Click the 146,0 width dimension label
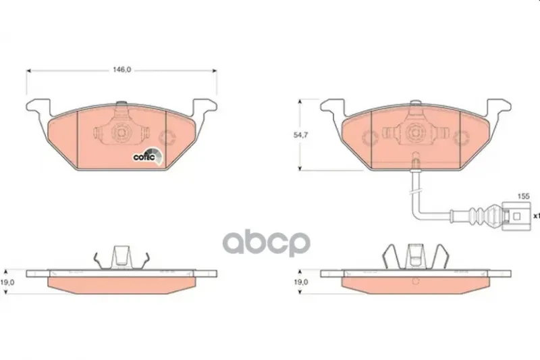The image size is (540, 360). [122, 70]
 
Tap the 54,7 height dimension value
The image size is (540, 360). [300, 135]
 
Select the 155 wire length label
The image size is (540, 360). [523, 197]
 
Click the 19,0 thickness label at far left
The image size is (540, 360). [7, 282]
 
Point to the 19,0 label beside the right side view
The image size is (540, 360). [300, 282]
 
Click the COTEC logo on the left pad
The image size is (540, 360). [147, 156]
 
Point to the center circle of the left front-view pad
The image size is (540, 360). [122, 133]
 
